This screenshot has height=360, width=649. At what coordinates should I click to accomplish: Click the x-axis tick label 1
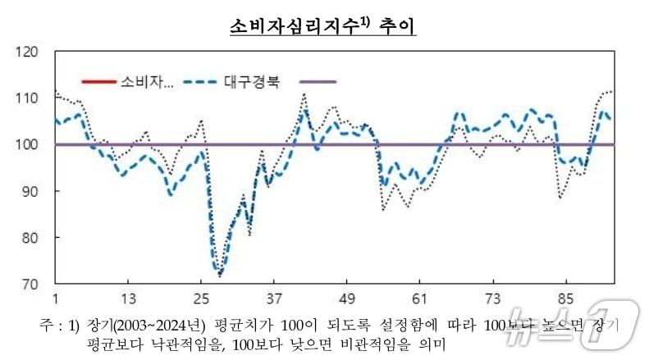(x=55, y=298)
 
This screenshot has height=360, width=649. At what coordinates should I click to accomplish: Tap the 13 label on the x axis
(x=128, y=298)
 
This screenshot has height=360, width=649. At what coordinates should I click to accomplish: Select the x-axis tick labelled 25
(x=201, y=298)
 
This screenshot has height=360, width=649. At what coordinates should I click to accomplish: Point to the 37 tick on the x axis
(x=274, y=298)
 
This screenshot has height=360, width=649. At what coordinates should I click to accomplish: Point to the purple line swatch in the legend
(x=318, y=82)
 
